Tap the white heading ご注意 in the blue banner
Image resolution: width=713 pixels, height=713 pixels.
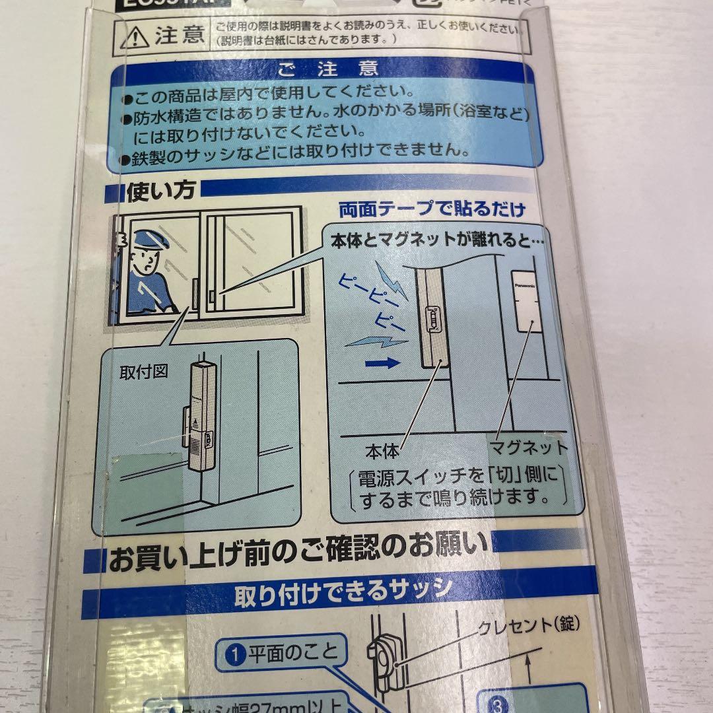pos(327,69)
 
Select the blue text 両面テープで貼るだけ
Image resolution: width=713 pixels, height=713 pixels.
pos(432,210)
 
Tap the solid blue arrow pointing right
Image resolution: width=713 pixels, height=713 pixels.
pos(381,362)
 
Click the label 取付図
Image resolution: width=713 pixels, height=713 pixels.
pos(143,372)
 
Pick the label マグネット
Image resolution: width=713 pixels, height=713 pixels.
pos(528,448)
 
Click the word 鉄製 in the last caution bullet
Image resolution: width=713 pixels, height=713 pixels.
pos(153,151)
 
